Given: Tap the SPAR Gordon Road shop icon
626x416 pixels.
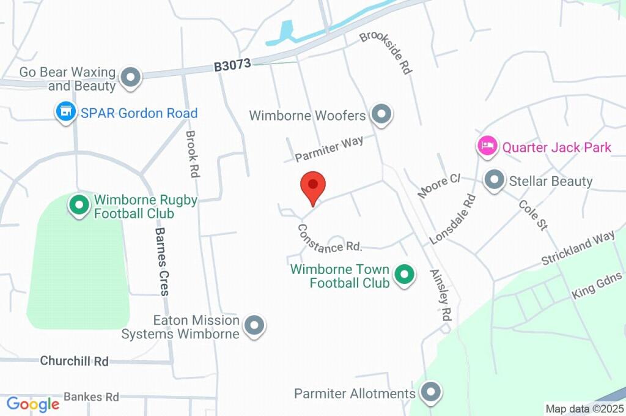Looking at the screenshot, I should (x=65, y=113).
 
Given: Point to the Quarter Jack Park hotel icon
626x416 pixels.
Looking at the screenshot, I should (x=487, y=147).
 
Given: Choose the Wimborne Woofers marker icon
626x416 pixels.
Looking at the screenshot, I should (x=381, y=114).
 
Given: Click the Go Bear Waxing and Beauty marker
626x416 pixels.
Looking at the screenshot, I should (x=130, y=78).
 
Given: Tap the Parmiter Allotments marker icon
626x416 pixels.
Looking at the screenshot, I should (x=431, y=393).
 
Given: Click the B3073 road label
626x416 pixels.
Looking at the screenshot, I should (x=232, y=66).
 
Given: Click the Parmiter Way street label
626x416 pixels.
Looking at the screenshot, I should (x=329, y=149).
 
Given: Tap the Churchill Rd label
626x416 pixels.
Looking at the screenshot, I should (x=74, y=361).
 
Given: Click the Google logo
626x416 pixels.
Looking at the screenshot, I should (x=33, y=404).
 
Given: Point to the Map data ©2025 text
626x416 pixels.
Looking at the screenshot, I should (x=584, y=408).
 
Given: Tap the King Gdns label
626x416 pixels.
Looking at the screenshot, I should (x=597, y=286).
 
